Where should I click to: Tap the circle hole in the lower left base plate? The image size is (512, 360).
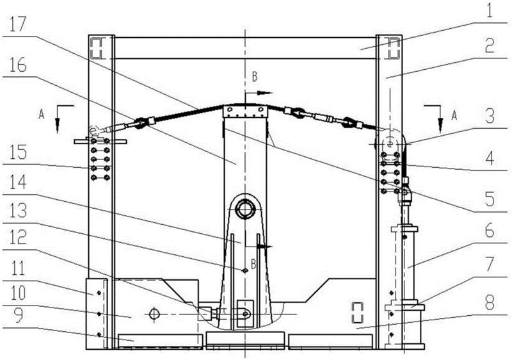[152, 314]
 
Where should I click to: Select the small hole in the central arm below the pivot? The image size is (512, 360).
[244, 271]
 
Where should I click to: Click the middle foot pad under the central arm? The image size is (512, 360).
[245, 341]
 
